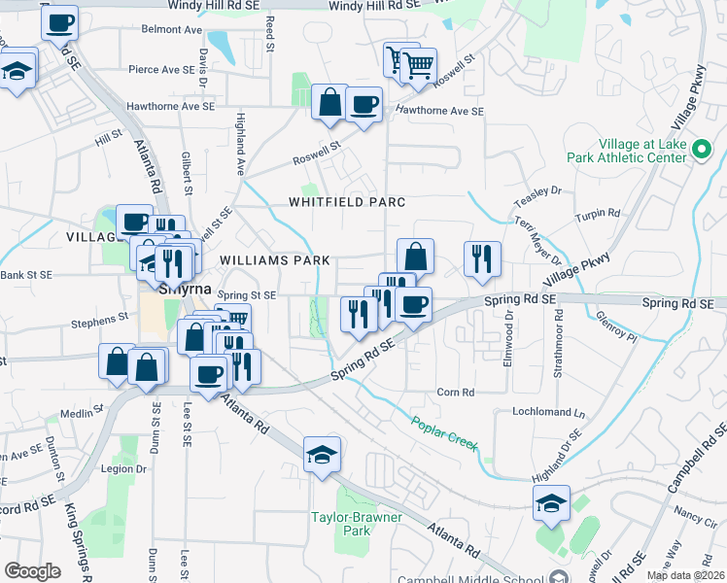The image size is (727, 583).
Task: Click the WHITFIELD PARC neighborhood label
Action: (x=346, y=202)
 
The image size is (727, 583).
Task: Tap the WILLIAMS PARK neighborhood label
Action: (x=275, y=260)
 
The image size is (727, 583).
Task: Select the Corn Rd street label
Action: (x=455, y=393)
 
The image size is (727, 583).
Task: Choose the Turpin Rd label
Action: (x=598, y=214)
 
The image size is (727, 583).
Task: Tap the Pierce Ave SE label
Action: (x=162, y=70)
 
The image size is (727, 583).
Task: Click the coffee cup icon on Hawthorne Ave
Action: (x=363, y=104)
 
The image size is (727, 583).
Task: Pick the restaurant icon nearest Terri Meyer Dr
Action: (x=482, y=259)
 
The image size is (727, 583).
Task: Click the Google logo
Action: (x=32, y=571)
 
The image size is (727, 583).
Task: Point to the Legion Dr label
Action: (x=123, y=468)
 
